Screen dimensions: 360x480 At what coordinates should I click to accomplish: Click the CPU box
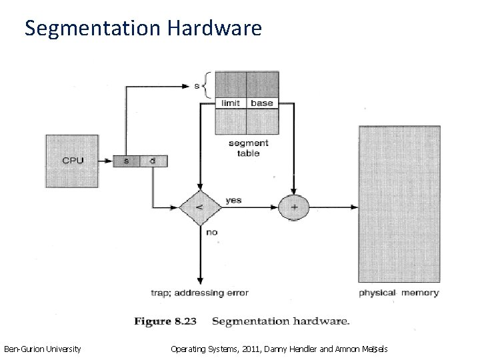(73, 161)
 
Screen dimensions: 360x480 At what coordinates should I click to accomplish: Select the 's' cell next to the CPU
(127, 161)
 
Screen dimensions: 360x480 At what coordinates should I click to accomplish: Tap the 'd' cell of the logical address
(153, 161)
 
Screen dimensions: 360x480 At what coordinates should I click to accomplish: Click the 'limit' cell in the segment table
(231, 103)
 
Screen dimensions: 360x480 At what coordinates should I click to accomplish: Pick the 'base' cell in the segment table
(261, 103)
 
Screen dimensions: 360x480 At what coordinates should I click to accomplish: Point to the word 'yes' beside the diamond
(234, 199)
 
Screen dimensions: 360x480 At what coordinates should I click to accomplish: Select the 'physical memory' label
(399, 293)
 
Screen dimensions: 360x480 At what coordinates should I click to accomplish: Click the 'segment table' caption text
(248, 147)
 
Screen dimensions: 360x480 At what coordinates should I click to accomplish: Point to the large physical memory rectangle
(399, 204)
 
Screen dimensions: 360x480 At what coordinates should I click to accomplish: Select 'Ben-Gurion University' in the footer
(43, 348)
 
